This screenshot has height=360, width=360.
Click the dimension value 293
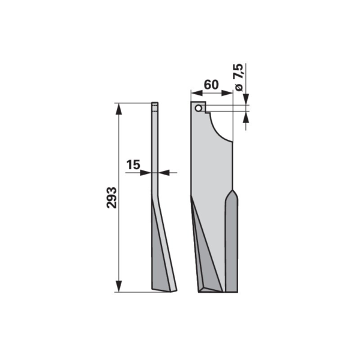coord(112,197)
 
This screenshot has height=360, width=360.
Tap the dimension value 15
coord(133,164)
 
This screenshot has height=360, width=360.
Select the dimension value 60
coord(211,85)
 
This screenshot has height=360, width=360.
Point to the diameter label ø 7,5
coord(239,77)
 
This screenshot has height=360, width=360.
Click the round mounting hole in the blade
coord(199,108)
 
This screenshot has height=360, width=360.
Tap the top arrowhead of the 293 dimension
coord(118,109)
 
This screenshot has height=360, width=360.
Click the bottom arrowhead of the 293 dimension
coord(118,286)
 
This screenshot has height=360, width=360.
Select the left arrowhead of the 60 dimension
coord(197,93)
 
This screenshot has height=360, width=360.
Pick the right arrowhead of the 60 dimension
coord(227,93)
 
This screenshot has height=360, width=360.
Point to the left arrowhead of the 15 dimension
coord(146,172)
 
